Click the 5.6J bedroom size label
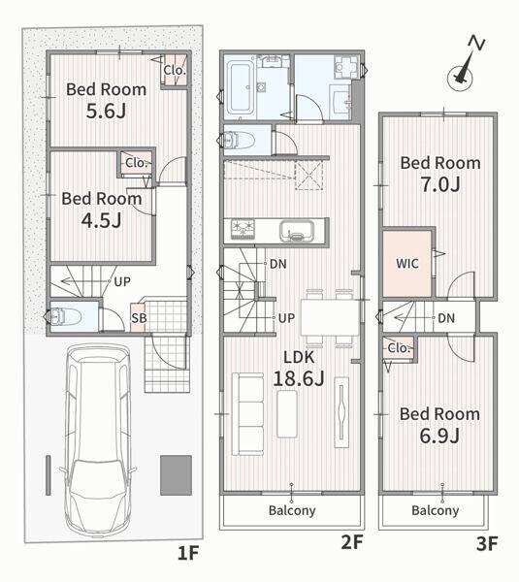[106, 111]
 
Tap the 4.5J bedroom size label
[101, 220]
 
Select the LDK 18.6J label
[299, 368]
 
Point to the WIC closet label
[407, 264]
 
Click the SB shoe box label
[139, 318]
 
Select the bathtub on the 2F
[240, 88]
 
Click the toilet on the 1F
[66, 317]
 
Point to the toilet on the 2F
[240, 141]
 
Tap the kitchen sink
[297, 231]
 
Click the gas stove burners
[243, 229]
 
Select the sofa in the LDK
[247, 414]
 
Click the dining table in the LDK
[330, 318]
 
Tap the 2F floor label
[351, 542]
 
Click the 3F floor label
[487, 544]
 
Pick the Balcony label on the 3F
[436, 510]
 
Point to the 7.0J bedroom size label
[440, 184]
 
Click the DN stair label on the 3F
[446, 318]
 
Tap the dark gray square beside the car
[176, 475]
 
